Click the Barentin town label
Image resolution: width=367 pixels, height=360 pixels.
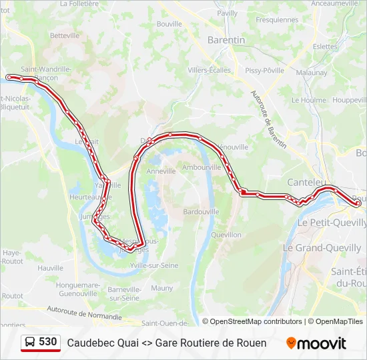[x=227, y=40]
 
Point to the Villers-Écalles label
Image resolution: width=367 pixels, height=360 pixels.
[x=209, y=70]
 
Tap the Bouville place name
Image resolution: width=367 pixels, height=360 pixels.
[x=169, y=24]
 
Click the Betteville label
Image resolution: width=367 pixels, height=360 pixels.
[x=64, y=35]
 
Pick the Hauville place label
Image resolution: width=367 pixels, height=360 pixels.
[x=50, y=267]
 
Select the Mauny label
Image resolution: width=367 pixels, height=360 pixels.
[x=161, y=288]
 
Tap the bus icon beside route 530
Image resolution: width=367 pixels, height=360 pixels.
[x=31, y=343]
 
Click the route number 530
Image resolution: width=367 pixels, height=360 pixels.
[x=48, y=342]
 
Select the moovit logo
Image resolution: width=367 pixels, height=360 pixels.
[x=316, y=343]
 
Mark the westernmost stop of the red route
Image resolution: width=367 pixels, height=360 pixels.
[x=9, y=77]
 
